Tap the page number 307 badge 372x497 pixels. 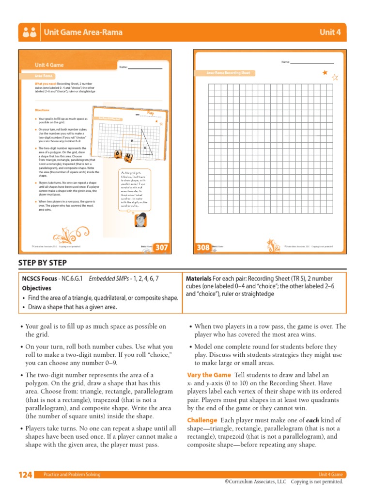[161, 248]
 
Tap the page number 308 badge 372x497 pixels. [203, 248]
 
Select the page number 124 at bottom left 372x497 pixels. [25, 475]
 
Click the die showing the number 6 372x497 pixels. [118, 154]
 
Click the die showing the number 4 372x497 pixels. [128, 157]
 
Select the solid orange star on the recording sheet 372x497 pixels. [325, 73]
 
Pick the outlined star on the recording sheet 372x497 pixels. [335, 77]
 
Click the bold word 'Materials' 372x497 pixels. [199, 279]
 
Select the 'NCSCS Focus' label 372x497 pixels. [39, 279]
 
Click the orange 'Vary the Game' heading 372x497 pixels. [209, 375]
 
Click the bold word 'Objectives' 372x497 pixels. [37, 288]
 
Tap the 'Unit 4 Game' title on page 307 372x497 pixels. [49, 65]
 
